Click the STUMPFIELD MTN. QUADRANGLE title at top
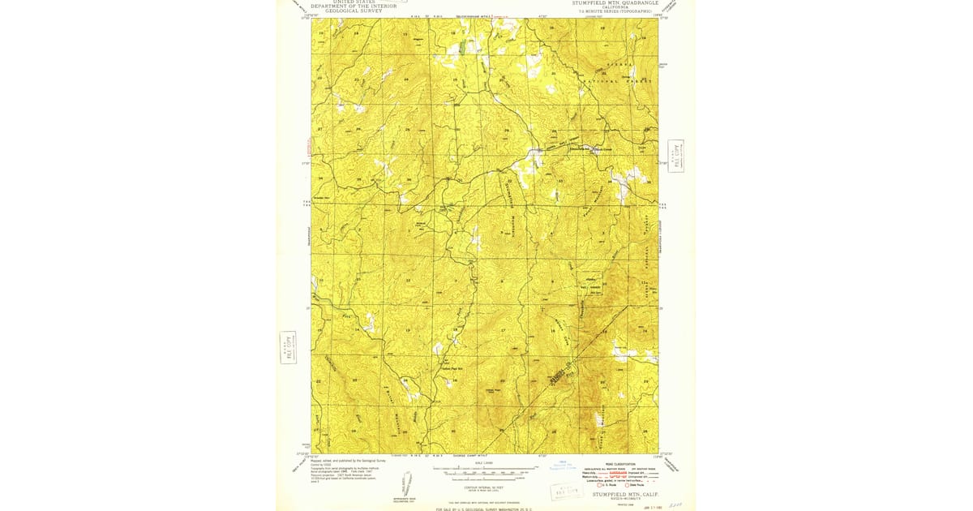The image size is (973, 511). tap(617, 2)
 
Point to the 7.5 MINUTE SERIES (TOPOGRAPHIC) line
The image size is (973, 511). tap(615, 11)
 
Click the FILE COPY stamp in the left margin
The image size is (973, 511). tap(287, 347)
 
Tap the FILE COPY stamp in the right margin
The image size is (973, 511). tap(675, 156)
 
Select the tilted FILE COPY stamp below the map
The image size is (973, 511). tap(567, 491)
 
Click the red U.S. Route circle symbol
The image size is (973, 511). tap(599, 485)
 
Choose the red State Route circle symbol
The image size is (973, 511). tap(627, 485)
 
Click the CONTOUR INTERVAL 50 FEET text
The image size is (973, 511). tap(483, 487)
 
